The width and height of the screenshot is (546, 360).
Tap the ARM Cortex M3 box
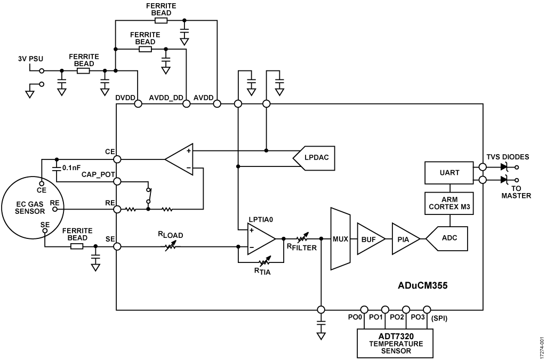pyautogui.click(x=449, y=203)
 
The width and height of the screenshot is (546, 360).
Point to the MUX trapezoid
pyautogui.click(x=339, y=239)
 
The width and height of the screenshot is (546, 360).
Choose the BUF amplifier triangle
pyautogui.click(x=368, y=239)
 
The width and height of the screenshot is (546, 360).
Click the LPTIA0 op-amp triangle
pyautogui.click(x=259, y=239)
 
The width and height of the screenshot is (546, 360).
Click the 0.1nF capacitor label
pyautogui.click(x=71, y=167)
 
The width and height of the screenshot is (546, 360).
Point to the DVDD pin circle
pyautogui.click(x=138, y=104)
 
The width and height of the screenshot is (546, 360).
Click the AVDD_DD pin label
pyautogui.click(x=163, y=98)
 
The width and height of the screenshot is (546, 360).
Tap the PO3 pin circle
pyautogui.click(x=427, y=309)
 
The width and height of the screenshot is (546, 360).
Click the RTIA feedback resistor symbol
pyautogui.click(x=262, y=262)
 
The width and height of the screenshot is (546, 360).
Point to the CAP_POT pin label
pyautogui.click(x=96, y=174)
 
